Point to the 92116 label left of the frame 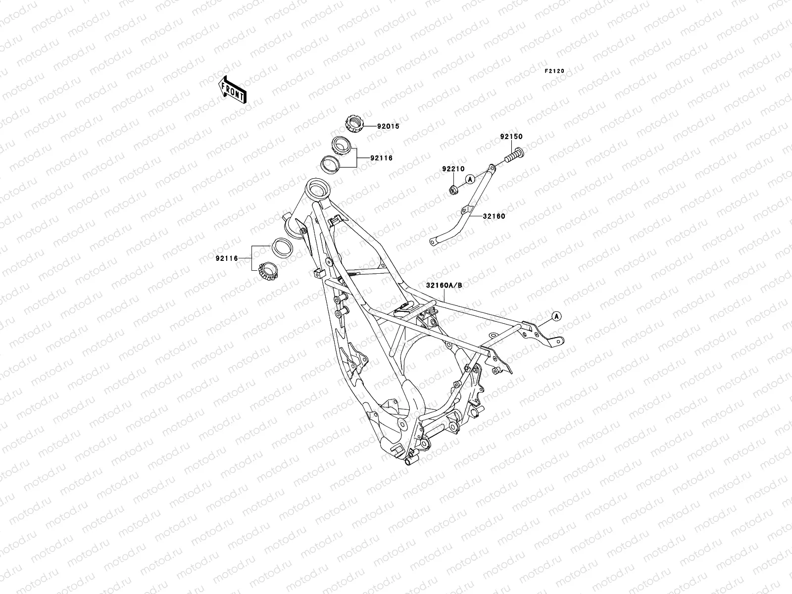pos(227,258)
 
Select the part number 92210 pos(453,169)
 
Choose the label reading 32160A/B pos(444,285)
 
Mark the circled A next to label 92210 pos(470,178)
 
